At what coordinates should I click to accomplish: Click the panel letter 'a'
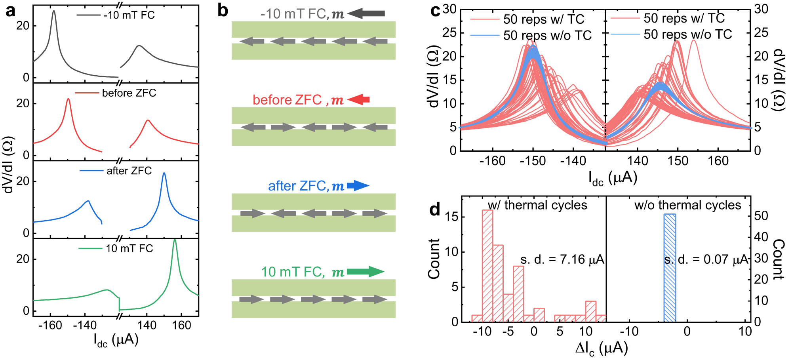click(11, 11)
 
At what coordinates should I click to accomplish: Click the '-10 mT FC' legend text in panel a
click(129, 15)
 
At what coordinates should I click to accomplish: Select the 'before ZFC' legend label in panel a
click(129, 93)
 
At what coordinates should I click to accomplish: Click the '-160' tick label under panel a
click(50, 326)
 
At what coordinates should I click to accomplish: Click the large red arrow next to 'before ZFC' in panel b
click(358, 99)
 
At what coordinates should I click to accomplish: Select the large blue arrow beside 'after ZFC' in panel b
click(358, 185)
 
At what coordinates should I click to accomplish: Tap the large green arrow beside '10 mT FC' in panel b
click(366, 272)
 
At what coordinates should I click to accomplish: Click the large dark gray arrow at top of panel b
click(366, 13)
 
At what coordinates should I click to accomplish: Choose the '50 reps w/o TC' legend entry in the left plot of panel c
click(547, 35)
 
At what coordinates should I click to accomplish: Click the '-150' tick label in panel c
click(533, 161)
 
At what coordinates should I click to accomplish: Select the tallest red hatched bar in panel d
click(487, 265)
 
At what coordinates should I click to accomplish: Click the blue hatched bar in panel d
click(670, 268)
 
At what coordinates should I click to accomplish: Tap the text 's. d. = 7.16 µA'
click(562, 259)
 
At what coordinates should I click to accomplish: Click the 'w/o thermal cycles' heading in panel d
click(687, 205)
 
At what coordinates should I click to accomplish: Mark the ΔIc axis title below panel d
click(602, 349)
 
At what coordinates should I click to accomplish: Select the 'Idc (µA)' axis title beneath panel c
click(612, 178)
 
